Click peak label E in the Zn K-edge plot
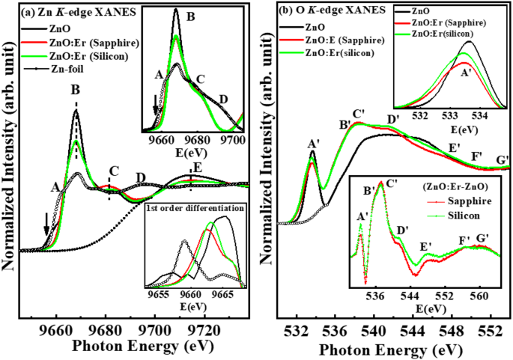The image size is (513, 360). (x=197, y=167)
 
